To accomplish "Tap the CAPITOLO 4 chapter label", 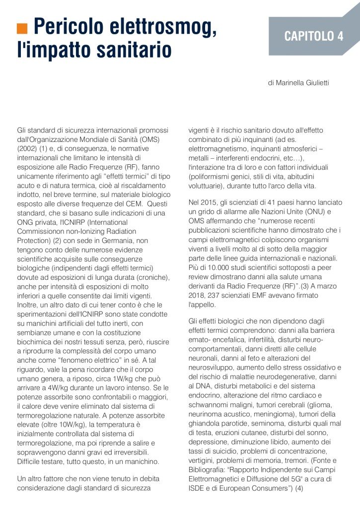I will pos(313,36).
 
